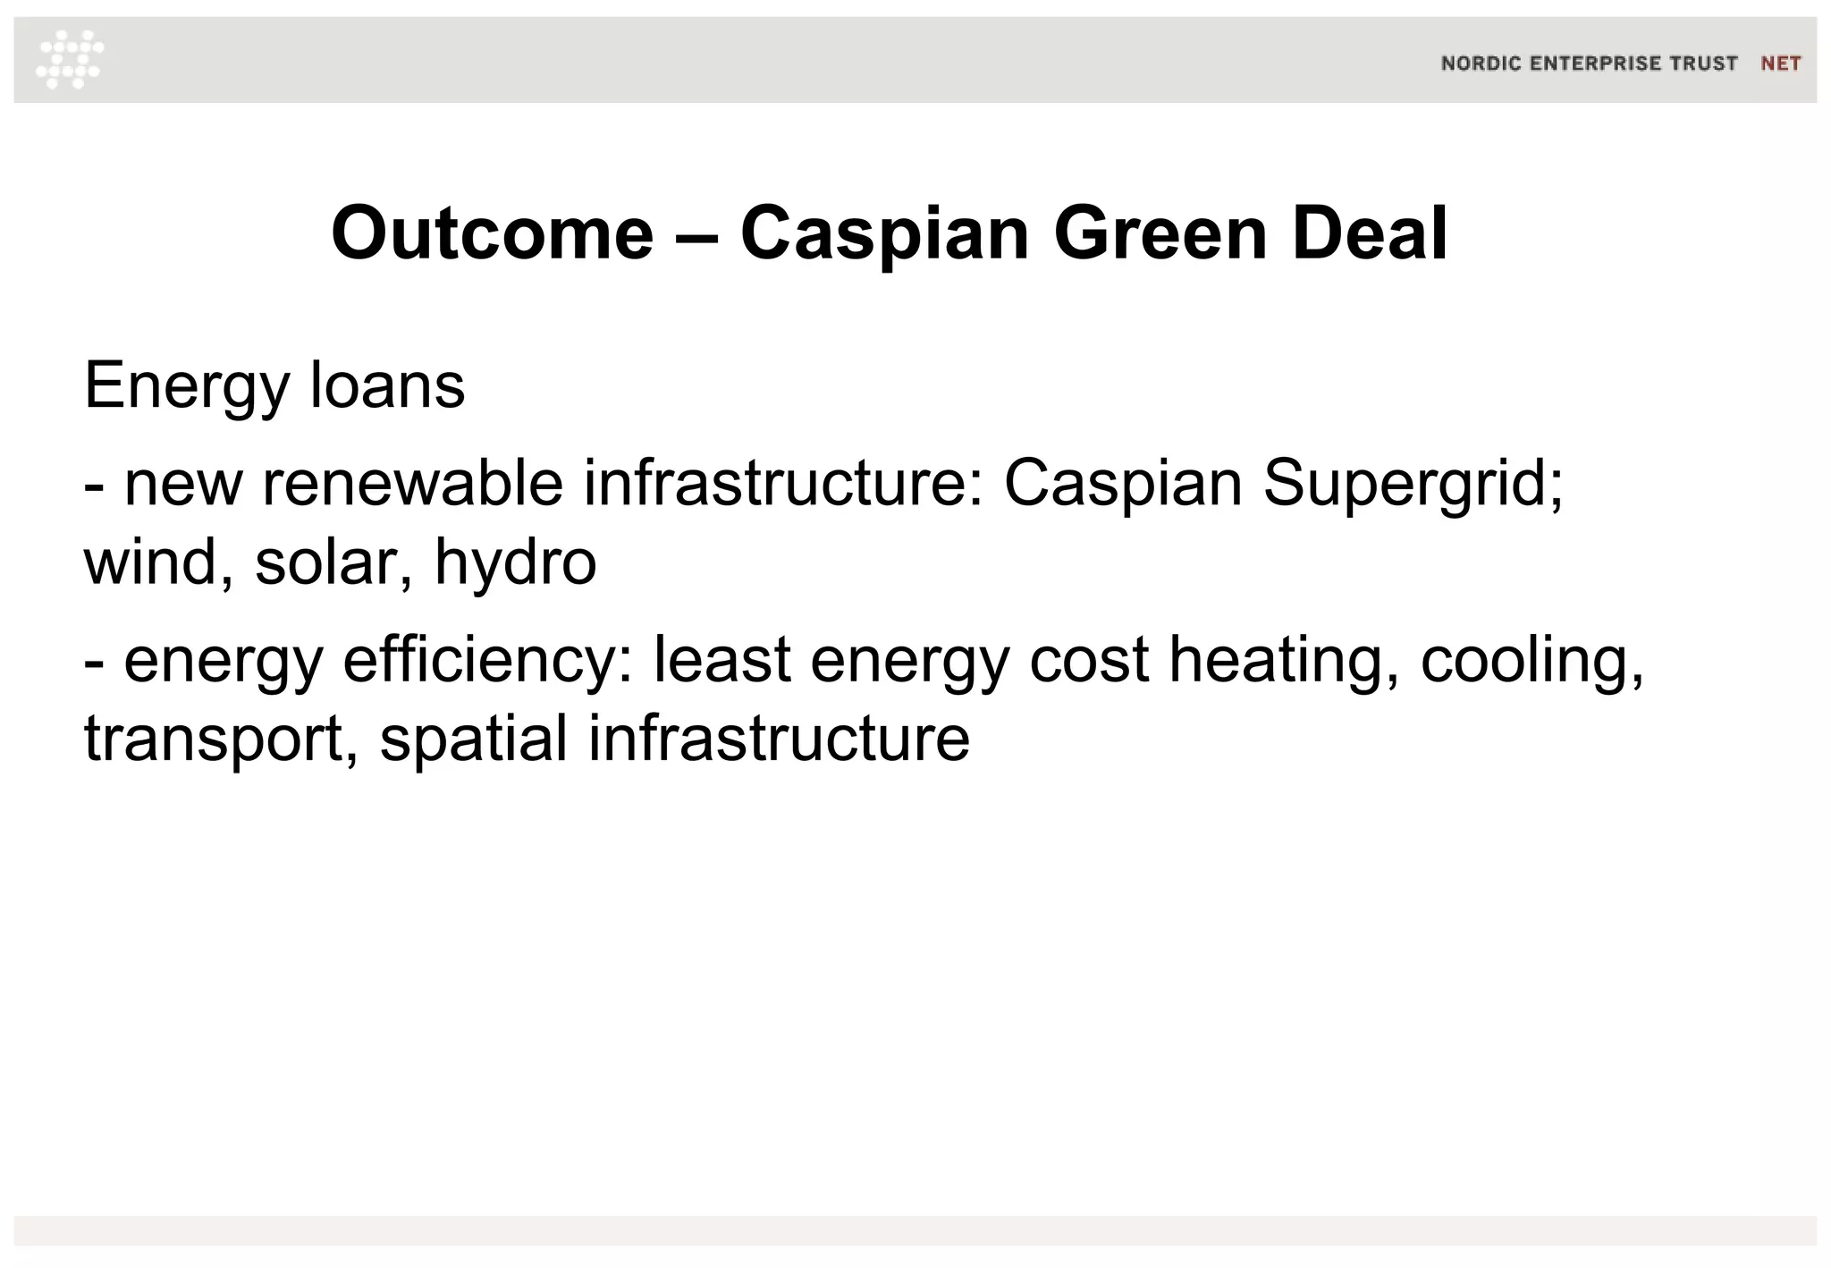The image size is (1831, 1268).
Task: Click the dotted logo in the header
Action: (x=70, y=59)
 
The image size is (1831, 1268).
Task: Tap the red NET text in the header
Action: (x=1780, y=63)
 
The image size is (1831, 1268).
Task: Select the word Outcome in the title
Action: (x=492, y=233)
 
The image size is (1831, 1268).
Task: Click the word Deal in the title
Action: (x=1370, y=233)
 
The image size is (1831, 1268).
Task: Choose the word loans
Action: (x=387, y=386)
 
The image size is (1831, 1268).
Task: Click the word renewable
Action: (x=412, y=484)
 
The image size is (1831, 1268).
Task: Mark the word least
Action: (x=722, y=660)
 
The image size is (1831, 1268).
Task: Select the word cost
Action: (x=1089, y=660)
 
